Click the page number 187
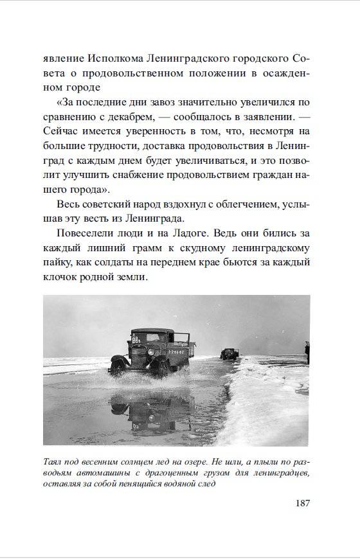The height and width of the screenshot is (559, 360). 300,502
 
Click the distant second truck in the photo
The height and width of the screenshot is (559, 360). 228,353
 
